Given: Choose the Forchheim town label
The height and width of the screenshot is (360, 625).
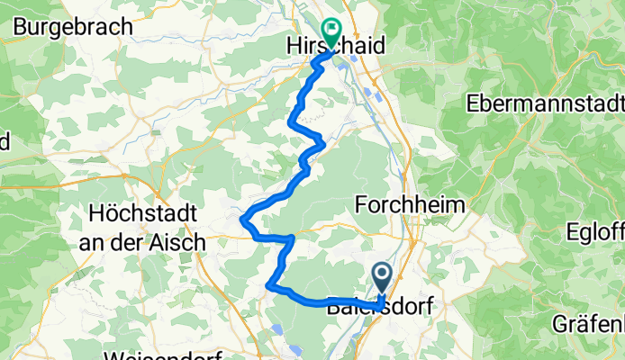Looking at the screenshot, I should pos(411,204).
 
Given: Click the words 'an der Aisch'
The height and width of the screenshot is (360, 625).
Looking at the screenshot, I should pos(147,241).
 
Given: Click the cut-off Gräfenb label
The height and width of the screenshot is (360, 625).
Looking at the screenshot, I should pos(590,323).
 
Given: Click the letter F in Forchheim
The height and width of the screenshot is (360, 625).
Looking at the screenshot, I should pos(362,204).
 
